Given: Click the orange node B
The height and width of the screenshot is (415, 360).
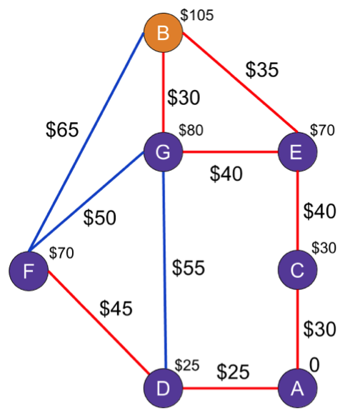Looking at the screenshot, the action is point(164,33).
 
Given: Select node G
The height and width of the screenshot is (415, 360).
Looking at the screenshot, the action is point(164,152).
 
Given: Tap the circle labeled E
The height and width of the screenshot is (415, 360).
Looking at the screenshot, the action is point(298,152).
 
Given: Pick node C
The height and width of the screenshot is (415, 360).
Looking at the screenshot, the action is point(298,270).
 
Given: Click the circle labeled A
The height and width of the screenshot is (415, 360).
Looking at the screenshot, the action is point(298,389).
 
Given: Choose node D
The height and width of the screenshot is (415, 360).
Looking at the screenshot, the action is point(164,389).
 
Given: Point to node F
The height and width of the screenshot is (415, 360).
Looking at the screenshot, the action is point(29,271).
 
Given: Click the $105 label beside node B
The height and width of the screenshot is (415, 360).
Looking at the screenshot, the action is point(197,15).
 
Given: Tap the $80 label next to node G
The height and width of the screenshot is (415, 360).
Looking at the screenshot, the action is point(191,130).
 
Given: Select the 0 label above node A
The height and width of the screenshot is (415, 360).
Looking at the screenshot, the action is point(314,365).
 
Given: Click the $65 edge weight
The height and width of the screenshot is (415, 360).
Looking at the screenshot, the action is point(62,130).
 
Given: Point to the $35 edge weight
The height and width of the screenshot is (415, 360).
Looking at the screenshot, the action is point(262,70).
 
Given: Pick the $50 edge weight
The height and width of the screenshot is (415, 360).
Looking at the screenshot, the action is point(100,218).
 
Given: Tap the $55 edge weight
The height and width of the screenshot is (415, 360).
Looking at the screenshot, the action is point(189,268).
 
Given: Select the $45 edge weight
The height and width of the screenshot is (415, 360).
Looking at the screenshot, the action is point(116,309).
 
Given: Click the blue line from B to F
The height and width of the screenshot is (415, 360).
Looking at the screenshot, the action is point(86,142).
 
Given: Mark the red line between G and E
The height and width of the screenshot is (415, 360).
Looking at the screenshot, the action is point(230,152).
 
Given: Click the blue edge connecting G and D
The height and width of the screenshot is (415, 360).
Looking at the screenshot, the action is point(164,270).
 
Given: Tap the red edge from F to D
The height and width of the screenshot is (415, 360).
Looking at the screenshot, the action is point(99,322).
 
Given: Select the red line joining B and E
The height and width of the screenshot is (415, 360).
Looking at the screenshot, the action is point(240,82).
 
